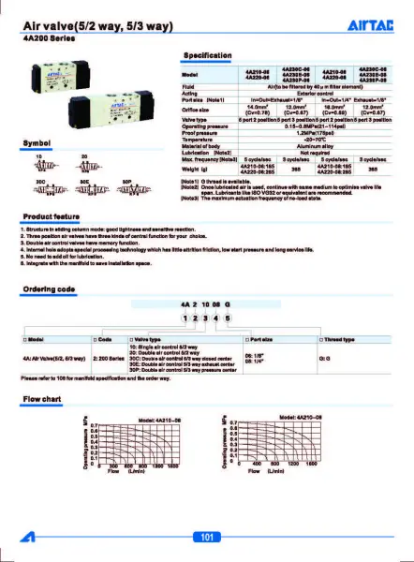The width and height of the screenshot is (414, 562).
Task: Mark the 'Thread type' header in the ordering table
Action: click(x=338, y=337)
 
